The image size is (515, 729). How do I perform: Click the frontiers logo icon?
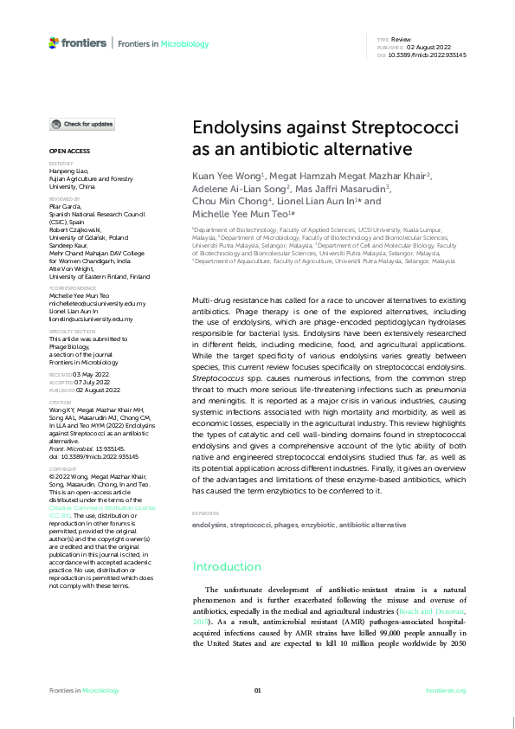54,42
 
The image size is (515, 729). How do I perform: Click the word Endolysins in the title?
232,127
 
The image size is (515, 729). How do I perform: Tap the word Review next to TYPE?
401,40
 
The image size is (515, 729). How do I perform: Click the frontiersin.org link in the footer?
446,690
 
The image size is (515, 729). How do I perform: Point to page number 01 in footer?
257,690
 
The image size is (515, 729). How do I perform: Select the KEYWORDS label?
206,513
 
